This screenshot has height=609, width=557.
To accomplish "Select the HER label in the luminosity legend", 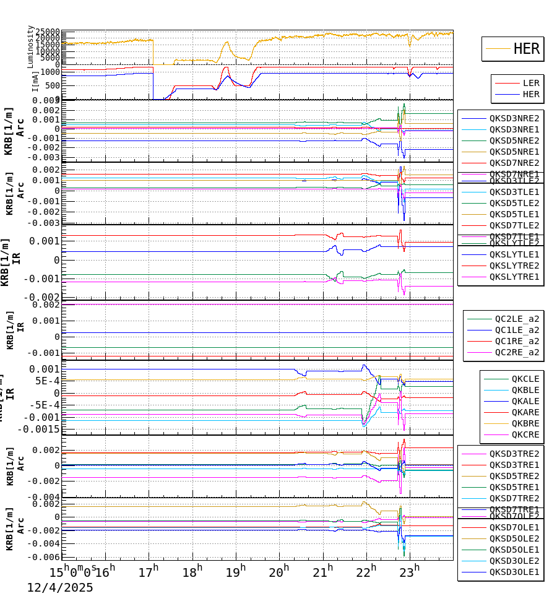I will pyautogui.click(x=526, y=49).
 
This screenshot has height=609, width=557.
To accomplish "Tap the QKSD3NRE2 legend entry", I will pyautogui.click(x=514, y=118).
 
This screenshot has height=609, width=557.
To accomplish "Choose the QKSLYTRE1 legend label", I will pyautogui.click(x=514, y=277).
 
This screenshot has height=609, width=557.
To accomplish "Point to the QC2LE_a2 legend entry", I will pyautogui.click(x=517, y=319).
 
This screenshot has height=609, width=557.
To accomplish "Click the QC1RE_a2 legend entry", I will pyautogui.click(x=517, y=341).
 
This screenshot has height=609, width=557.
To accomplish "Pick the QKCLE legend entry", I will pyautogui.click(x=525, y=379).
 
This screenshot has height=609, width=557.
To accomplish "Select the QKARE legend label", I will pyautogui.click(x=525, y=412).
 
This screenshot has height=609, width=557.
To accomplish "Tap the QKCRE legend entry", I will pyautogui.click(x=525, y=434).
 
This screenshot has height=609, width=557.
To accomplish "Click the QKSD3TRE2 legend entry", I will pyautogui.click(x=514, y=454).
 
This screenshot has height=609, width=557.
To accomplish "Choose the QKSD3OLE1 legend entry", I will pyautogui.click(x=514, y=572).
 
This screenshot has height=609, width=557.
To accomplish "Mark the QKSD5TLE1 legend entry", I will pyautogui.click(x=514, y=214).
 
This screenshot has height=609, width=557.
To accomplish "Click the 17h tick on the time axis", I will pyautogui.click(x=149, y=571).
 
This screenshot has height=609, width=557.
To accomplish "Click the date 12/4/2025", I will pyautogui.click(x=59, y=588).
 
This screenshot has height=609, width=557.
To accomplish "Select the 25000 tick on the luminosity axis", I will pyautogui.click(x=47, y=32).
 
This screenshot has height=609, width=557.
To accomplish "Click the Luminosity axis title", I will pyautogui.click(x=30, y=46).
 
